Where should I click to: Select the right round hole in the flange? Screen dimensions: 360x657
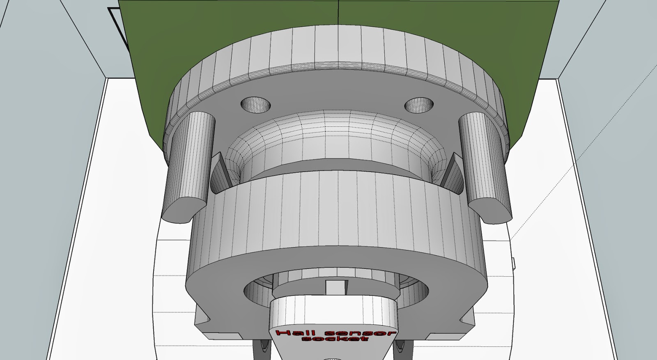point(419,105)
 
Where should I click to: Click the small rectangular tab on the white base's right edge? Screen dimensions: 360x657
point(514,263)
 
